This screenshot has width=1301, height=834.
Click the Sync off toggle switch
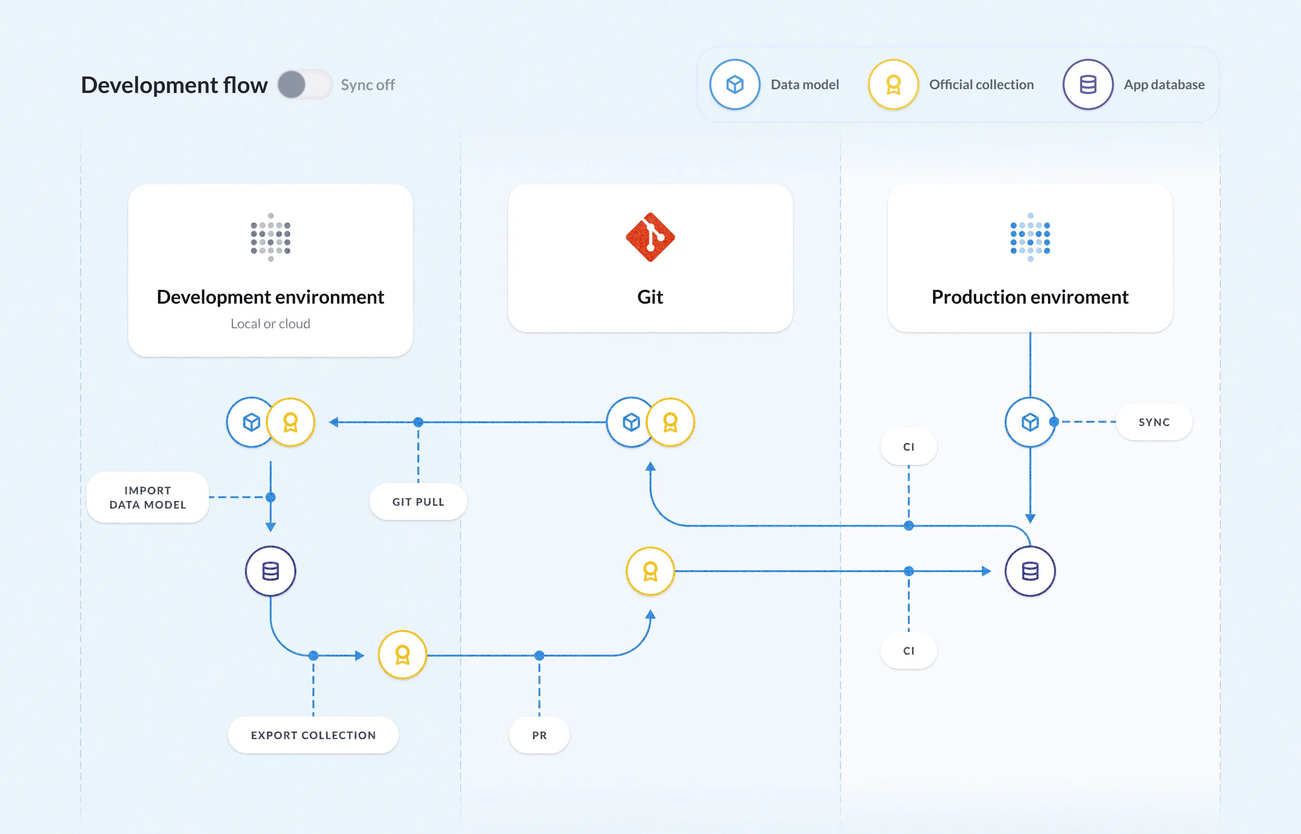coord(304,85)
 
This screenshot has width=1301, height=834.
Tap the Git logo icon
coord(650,237)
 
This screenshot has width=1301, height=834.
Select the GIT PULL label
coord(418,502)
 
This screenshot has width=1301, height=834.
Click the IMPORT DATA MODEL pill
coord(147,497)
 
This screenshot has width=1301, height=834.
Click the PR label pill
coord(538,735)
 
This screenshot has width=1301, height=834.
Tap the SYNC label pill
coord(1154,422)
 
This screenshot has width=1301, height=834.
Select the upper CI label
coord(908,447)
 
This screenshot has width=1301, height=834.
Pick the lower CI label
coord(908,650)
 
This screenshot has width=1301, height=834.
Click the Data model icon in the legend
coord(735,84)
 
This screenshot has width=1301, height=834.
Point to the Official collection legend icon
coord(893,84)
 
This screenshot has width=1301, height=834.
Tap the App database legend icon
coord(1087,84)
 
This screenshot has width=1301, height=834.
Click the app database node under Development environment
coord(270,571)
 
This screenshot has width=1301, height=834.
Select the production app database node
coord(1029,571)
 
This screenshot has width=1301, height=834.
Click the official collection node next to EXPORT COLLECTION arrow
coord(402,655)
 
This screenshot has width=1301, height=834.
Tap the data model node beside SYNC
coord(1029,422)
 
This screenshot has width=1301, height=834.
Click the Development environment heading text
coord(270,297)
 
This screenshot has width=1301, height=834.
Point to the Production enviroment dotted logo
coord(1029,237)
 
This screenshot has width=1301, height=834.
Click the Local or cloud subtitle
coord(270,324)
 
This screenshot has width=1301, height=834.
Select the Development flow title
coord(174,85)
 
